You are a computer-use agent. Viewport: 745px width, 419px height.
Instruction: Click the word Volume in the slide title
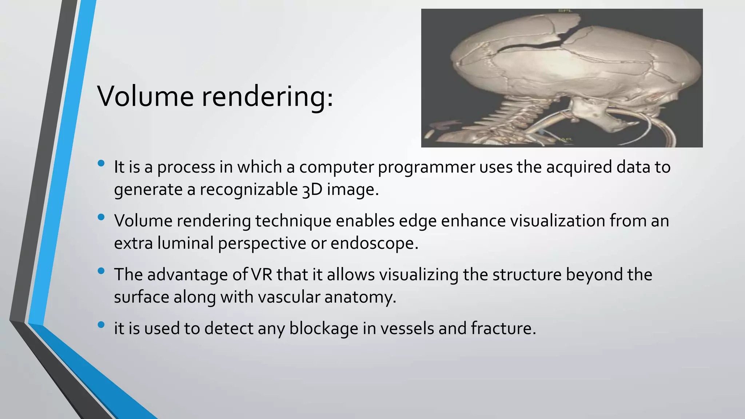tap(146, 96)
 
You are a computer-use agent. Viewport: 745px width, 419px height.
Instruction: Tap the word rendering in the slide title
tap(267, 97)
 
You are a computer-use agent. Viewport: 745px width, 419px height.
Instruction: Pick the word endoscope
tap(374, 243)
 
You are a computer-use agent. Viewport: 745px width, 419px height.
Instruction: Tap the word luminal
tap(186, 243)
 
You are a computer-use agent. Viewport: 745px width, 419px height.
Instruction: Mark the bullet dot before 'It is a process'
tap(101, 163)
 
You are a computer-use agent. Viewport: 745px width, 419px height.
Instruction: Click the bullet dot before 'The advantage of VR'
tap(101, 271)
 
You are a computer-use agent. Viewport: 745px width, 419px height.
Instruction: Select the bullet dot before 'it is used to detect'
tap(101, 324)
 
